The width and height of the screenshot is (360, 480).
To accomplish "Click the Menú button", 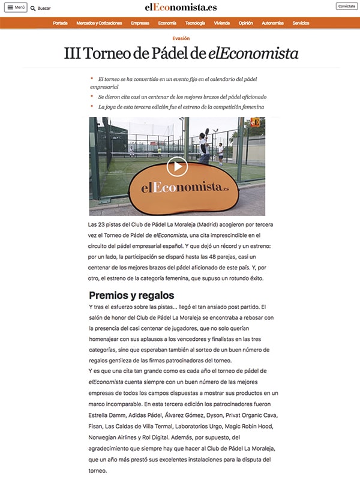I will pos(17,8).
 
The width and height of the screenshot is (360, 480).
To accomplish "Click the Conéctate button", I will pos(346,6).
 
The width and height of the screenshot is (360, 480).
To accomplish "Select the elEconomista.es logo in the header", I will pos(181,7).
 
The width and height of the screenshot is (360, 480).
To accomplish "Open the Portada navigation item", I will pos(60,23).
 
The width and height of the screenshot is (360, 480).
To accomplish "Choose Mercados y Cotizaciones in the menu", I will pos(99,23).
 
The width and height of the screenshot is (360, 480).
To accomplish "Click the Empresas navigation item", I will pos(140,23).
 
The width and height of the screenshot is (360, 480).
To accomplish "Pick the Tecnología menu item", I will pos(195,23).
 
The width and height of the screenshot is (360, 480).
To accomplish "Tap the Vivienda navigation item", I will pos(221,23).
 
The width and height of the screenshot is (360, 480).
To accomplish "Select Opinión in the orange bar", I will pos(245,23).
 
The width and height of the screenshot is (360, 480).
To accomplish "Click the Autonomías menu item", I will pos(272,23).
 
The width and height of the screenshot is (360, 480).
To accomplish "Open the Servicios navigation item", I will pos(301,23).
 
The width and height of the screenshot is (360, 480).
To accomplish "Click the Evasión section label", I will pos(181,38).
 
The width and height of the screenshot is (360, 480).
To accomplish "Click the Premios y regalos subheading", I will pos(131,295).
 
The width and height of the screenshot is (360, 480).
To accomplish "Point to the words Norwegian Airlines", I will pos(114,437).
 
